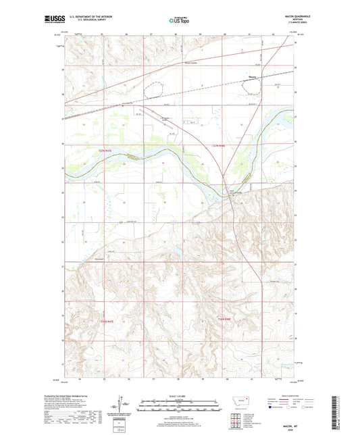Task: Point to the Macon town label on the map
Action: (253, 77)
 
